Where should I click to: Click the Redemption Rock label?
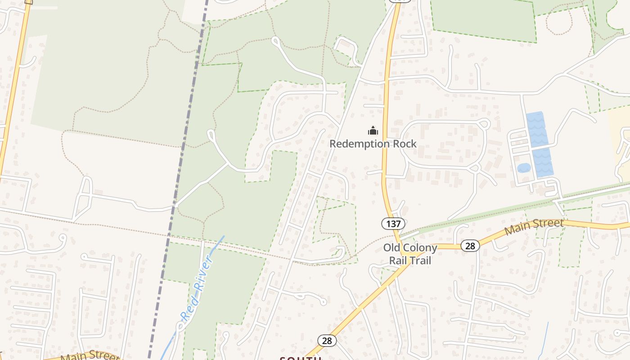[373, 144]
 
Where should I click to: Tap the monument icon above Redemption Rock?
[373, 131]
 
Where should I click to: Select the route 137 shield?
[393, 223]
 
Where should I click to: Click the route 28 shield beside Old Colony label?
[470, 246]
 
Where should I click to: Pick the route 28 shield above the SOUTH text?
[327, 341]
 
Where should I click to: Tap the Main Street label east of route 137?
[534, 227]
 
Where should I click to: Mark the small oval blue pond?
[524, 168]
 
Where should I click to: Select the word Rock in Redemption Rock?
[403, 144]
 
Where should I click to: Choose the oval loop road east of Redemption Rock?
[443, 144]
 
